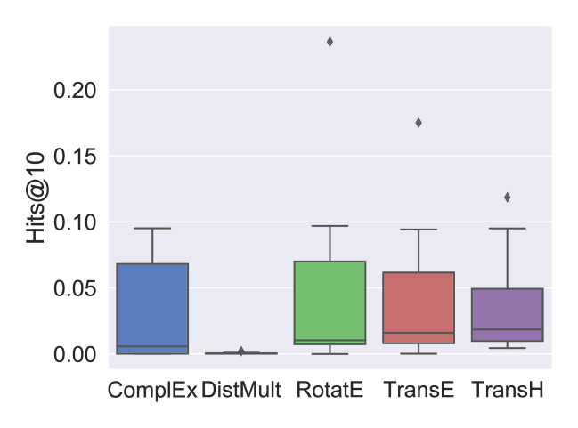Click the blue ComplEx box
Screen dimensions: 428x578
click(152, 308)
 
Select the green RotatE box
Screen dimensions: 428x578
click(330, 303)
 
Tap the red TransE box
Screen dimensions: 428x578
click(419, 308)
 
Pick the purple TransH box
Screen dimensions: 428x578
click(507, 315)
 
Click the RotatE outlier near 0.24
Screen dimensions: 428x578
click(330, 42)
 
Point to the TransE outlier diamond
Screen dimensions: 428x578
click(419, 123)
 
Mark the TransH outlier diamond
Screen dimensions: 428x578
click(507, 198)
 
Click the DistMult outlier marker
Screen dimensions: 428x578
click(241, 351)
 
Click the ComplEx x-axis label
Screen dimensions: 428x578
click(152, 390)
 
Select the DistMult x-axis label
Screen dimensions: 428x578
click(241, 390)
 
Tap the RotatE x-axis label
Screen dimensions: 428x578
click(330, 390)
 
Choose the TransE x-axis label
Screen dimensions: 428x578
click(419, 390)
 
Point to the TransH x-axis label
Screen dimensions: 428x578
click(507, 390)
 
